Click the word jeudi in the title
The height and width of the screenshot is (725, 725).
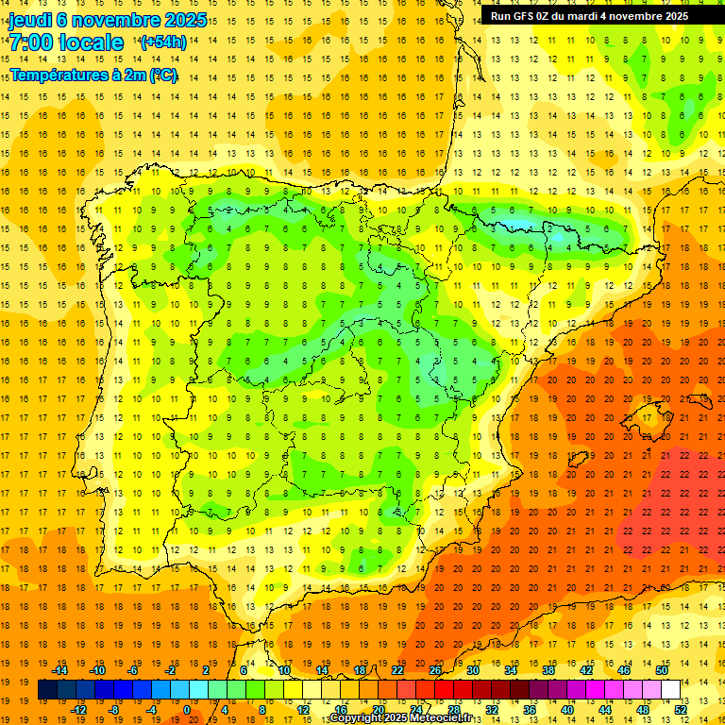point(30,20)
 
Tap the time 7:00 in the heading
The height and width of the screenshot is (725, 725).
point(30,42)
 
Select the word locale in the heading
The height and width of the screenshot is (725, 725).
point(91,42)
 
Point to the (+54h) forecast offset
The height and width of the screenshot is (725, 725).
point(162,42)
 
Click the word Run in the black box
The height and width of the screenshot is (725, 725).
point(500,16)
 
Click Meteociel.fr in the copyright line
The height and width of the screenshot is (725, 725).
point(437,718)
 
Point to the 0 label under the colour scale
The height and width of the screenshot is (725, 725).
point(187,710)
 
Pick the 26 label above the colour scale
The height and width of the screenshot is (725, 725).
point(435,670)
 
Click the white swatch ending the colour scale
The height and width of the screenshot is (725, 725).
point(671,689)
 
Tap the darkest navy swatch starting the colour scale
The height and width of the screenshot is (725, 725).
point(47,689)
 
